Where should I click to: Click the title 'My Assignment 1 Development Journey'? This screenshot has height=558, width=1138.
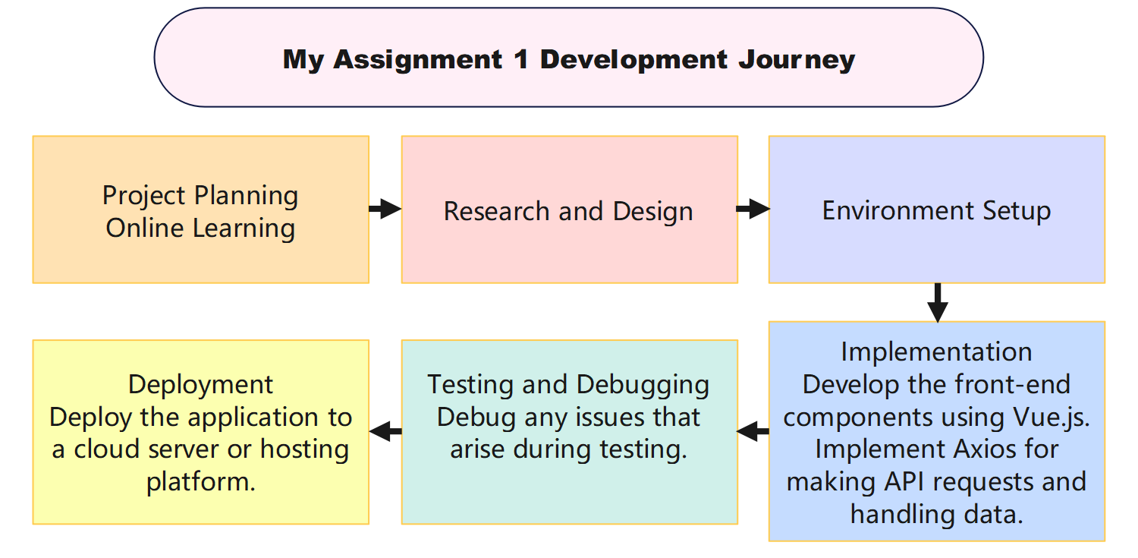pyautogui.click(x=569, y=59)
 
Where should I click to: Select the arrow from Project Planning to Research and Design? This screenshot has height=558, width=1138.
pyautogui.click(x=385, y=209)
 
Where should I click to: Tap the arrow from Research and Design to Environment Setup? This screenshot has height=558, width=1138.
pyautogui.click(x=753, y=209)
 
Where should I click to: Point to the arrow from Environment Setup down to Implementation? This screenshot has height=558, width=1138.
pyautogui.click(x=938, y=302)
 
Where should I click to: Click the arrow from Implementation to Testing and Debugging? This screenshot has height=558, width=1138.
pyautogui.click(x=753, y=431)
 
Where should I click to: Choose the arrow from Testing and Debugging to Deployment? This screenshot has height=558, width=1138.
pyautogui.click(x=385, y=431)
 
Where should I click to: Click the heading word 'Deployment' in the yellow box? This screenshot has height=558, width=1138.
pyautogui.click(x=200, y=384)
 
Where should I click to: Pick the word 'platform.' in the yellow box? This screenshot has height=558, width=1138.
pyautogui.click(x=200, y=482)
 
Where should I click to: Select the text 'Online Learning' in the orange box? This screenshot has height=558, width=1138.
pyautogui.click(x=200, y=228)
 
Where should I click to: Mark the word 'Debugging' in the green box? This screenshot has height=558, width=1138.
pyautogui.click(x=643, y=384)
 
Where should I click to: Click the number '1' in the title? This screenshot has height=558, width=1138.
pyautogui.click(x=520, y=59)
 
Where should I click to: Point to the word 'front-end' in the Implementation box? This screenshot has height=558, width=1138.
pyautogui.click(x=1013, y=384)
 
